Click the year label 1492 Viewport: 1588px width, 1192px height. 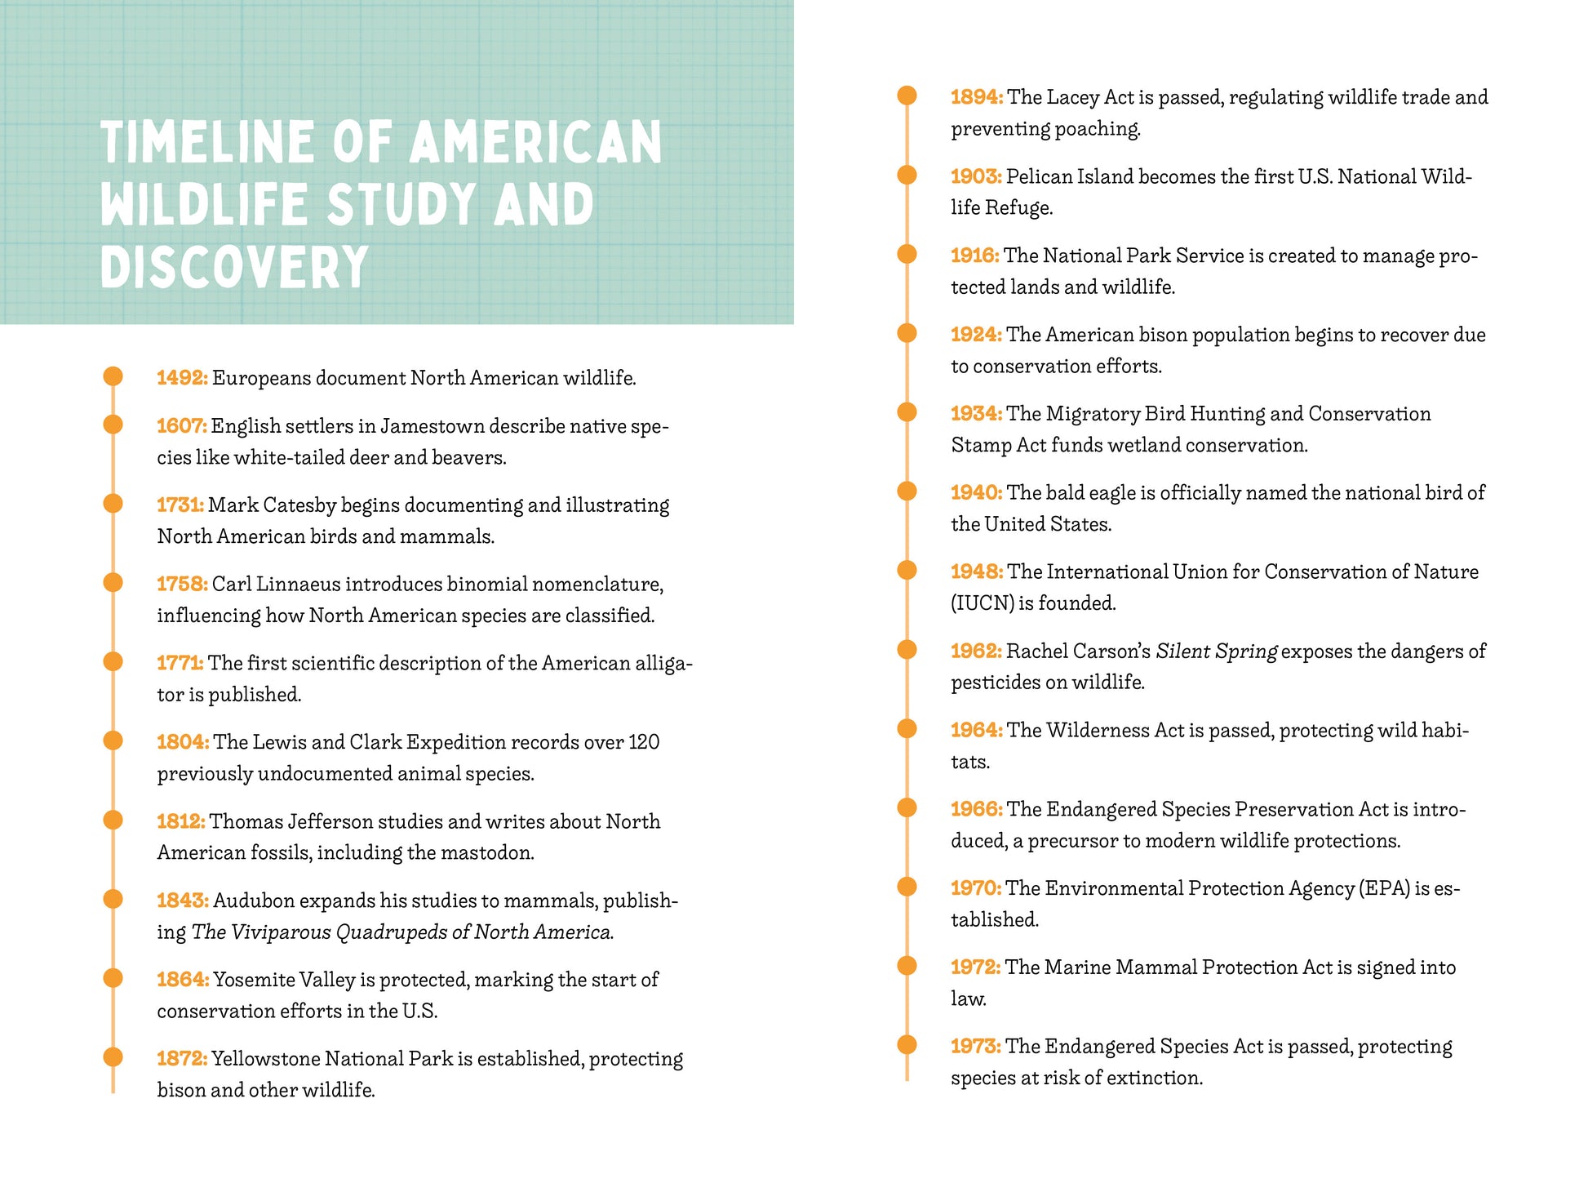coord(182,378)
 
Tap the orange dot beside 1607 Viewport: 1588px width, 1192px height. coord(113,425)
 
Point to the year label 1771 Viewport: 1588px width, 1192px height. coord(180,663)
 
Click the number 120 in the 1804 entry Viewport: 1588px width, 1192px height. coord(644,742)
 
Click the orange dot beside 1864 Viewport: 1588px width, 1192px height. coord(113,978)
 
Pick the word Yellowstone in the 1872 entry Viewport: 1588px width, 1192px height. coord(266,1059)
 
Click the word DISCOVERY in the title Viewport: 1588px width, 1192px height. coord(234,268)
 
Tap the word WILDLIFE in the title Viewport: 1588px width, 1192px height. coord(204,204)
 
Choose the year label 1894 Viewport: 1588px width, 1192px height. coord(976,97)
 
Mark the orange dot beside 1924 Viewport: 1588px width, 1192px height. coord(907,333)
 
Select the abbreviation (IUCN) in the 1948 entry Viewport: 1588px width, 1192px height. coord(983,603)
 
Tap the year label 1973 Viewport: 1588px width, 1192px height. coord(975,1047)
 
